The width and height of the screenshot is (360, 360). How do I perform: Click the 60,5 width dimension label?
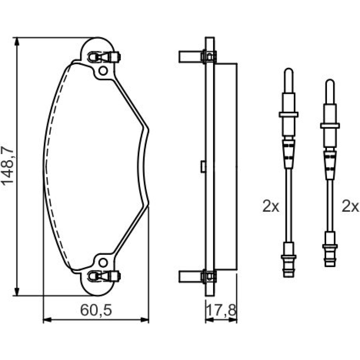pos(96,310)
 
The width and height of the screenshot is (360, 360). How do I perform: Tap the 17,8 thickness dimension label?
pos(221,310)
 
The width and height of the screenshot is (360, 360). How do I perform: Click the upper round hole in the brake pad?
pos(103,71)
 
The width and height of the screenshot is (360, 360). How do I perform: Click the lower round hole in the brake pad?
pos(103,262)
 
